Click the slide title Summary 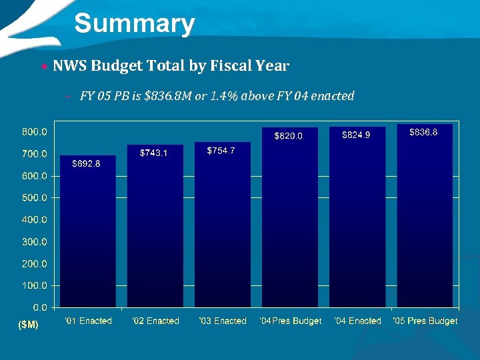(x=134, y=24)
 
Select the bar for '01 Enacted (x=88, y=233)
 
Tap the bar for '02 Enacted (x=155, y=233)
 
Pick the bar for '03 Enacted (x=222, y=233)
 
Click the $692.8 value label (x=86, y=165)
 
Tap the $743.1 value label (x=154, y=153)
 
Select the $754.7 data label (x=221, y=151)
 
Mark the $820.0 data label (x=289, y=136)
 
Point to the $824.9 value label (x=356, y=135)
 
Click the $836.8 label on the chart (x=423, y=133)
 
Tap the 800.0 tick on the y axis (x=34, y=132)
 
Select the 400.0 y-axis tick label (x=34, y=219)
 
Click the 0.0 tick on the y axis (x=39, y=307)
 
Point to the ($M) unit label (x=27, y=325)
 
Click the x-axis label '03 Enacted (x=223, y=321)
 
